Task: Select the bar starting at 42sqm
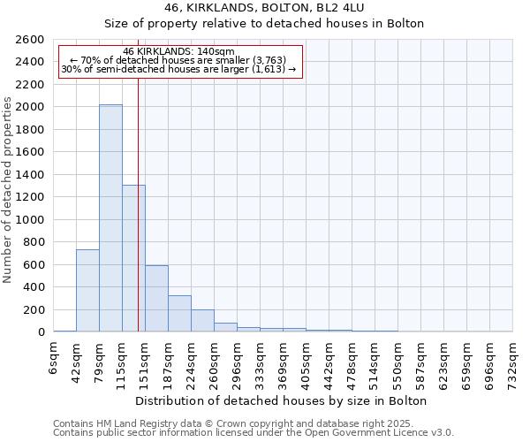tap(87, 291)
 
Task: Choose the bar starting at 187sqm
tap(179, 314)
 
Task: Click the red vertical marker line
tap(139, 221)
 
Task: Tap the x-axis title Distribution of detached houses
tap(283, 400)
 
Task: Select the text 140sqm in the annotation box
tap(216, 52)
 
